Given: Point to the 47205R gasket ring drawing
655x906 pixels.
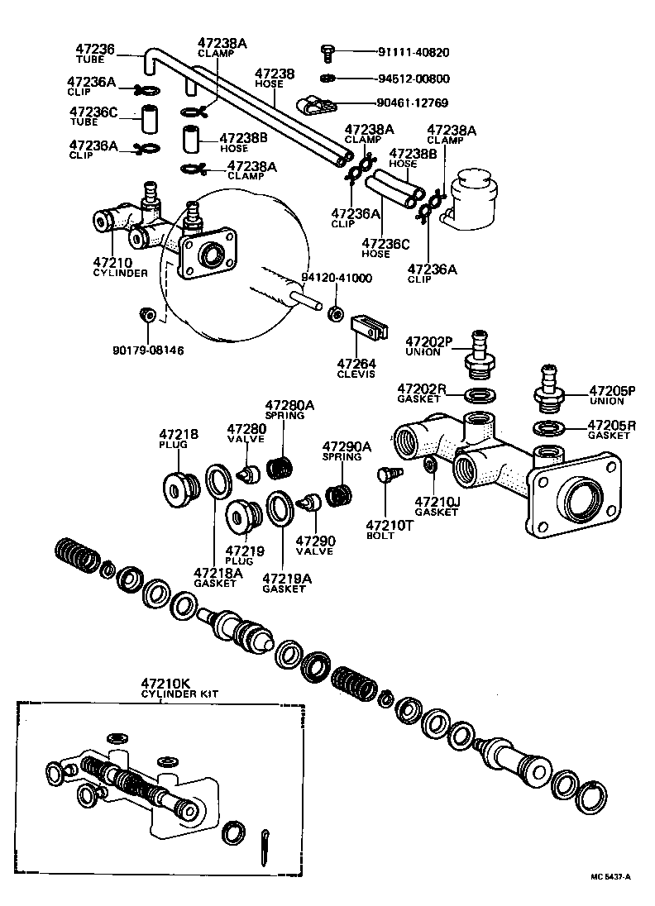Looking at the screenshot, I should coord(546,428).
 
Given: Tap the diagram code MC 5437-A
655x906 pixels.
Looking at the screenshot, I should coord(610,877).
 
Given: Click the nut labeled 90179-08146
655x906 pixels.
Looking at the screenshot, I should coord(148,315).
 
